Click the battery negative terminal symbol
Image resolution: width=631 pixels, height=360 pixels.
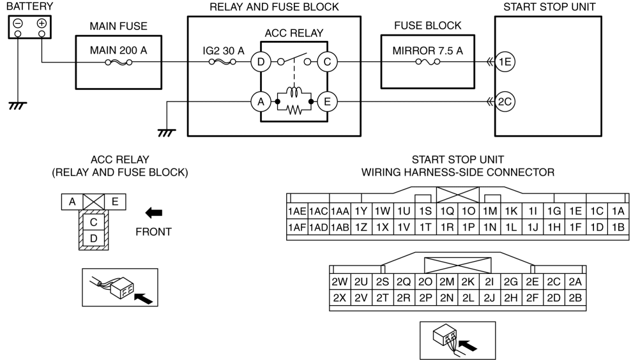(18, 24)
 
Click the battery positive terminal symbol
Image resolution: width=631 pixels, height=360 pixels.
(42, 24)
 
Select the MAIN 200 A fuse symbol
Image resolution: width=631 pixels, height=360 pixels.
(118, 63)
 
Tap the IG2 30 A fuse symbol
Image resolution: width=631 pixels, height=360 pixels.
(222, 62)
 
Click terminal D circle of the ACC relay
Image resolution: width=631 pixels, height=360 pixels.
(261, 62)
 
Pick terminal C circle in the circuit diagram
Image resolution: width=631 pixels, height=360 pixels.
(327, 62)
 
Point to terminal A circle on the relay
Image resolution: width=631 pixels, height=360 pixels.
(261, 101)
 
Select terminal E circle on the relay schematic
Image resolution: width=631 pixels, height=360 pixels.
(327, 101)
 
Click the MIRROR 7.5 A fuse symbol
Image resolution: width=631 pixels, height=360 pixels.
(428, 62)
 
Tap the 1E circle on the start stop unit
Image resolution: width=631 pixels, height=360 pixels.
(505, 62)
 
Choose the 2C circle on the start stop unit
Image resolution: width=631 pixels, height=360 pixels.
(505, 101)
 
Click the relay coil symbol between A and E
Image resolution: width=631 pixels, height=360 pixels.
(294, 92)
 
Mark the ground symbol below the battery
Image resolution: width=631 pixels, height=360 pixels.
(17, 106)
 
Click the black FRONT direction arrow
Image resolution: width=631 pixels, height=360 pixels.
(154, 213)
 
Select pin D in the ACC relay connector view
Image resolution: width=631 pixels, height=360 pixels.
(94, 238)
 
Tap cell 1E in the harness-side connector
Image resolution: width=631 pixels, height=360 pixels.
(575, 211)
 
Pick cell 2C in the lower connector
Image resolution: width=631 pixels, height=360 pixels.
(554, 282)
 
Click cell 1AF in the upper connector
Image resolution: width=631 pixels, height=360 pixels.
(298, 228)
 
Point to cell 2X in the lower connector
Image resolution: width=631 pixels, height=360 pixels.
(340, 298)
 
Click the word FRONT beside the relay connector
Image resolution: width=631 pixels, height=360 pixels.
(154, 232)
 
